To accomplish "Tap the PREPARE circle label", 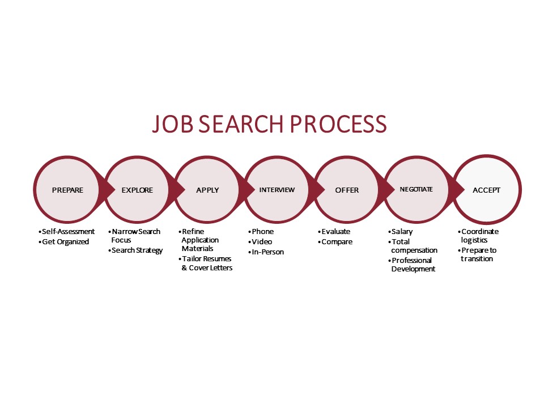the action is click(x=67, y=190).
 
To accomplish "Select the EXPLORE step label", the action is click(x=137, y=190).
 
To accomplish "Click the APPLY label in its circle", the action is click(x=207, y=190).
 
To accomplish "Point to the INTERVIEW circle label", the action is click(x=277, y=190).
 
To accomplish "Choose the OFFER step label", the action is click(x=347, y=190).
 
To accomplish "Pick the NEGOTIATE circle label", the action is click(x=416, y=189).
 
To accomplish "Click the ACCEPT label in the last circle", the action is click(x=486, y=190).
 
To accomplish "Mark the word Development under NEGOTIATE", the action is click(x=413, y=269).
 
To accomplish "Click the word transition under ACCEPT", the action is click(x=477, y=259).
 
